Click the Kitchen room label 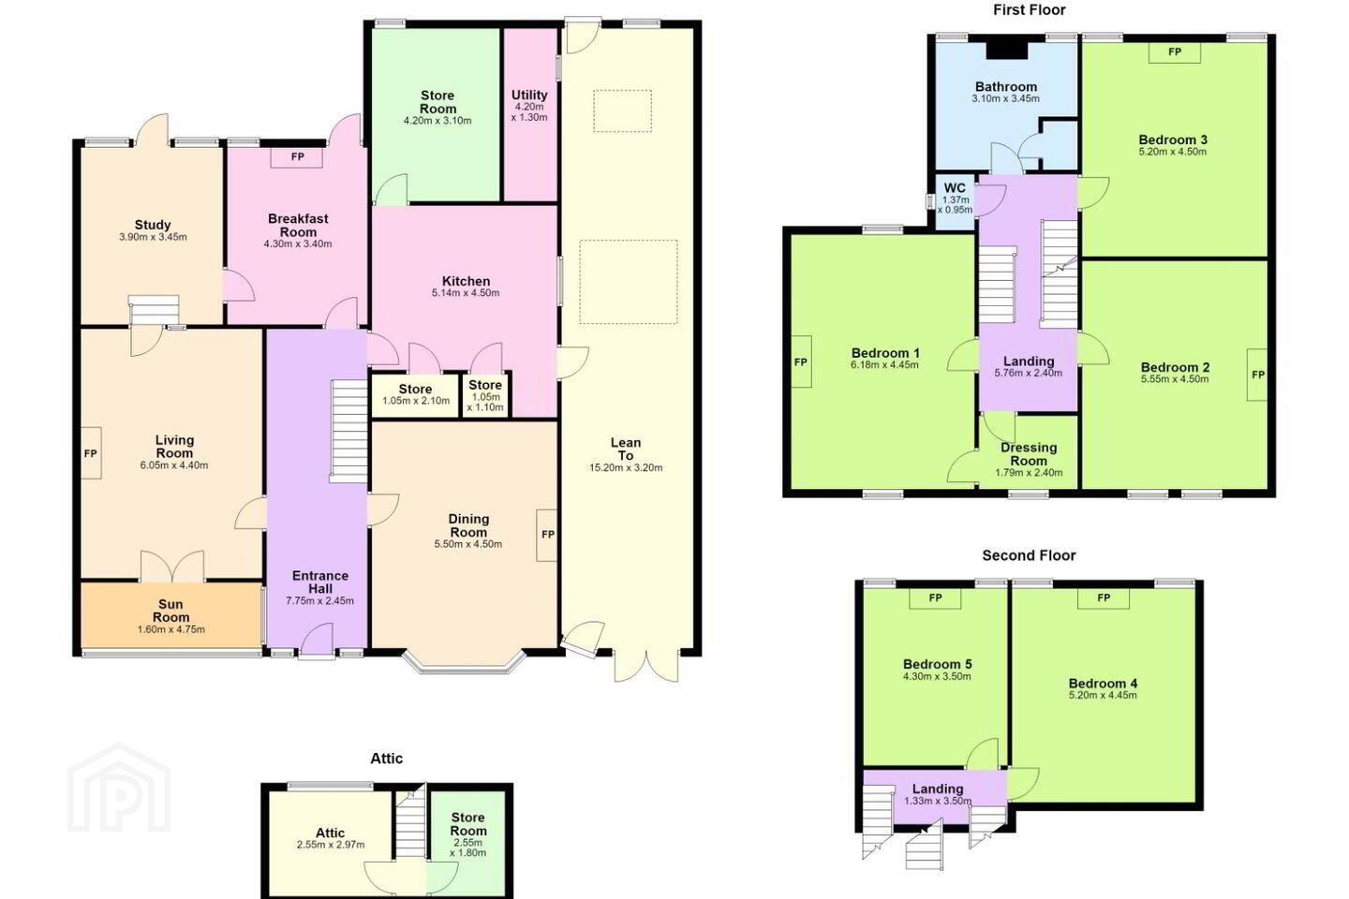466,281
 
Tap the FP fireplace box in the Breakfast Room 296,157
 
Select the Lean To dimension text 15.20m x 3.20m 625,468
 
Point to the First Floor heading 1029,9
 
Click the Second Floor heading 1029,555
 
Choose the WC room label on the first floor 955,188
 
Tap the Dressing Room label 1029,454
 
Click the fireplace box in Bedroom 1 801,361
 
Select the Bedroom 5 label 937,664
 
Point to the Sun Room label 171,611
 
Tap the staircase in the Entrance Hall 348,431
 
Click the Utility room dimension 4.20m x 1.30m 529,112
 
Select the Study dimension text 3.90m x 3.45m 153,237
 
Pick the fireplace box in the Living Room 91,453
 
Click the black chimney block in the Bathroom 1006,51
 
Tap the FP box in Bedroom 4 1104,598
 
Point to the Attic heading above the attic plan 386,759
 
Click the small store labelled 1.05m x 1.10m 485,396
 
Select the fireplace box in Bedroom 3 1175,52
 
